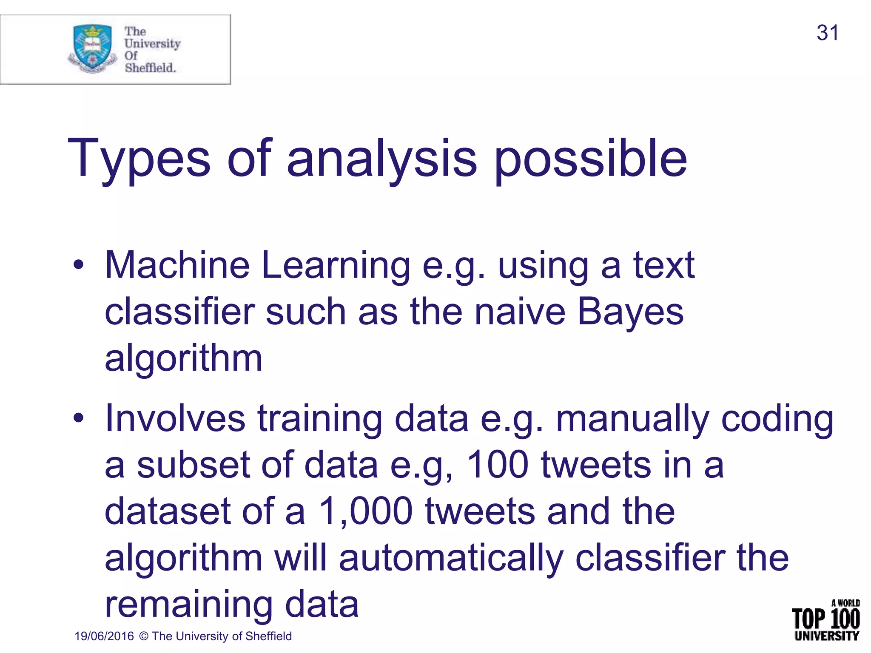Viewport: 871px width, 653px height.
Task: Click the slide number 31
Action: tap(827, 33)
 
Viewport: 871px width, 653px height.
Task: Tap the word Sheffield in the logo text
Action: tap(150, 68)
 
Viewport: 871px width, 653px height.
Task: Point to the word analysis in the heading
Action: tap(381, 160)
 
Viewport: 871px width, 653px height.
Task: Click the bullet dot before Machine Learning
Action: tap(78, 265)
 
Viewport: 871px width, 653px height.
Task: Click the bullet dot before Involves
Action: tap(78, 418)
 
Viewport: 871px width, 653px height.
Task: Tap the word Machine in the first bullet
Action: tap(177, 265)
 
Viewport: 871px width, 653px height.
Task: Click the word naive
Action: tap(520, 312)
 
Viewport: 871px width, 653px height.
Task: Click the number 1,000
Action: tap(365, 511)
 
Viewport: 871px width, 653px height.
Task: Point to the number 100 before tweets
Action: tap(497, 465)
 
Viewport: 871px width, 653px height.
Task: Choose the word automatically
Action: tap(451, 559)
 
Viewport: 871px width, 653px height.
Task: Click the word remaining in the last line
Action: tap(188, 605)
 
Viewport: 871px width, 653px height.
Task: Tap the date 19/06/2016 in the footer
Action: tap(104, 636)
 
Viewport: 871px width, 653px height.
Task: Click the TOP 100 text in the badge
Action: tap(825, 619)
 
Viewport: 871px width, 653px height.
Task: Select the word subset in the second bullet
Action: tap(193, 465)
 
